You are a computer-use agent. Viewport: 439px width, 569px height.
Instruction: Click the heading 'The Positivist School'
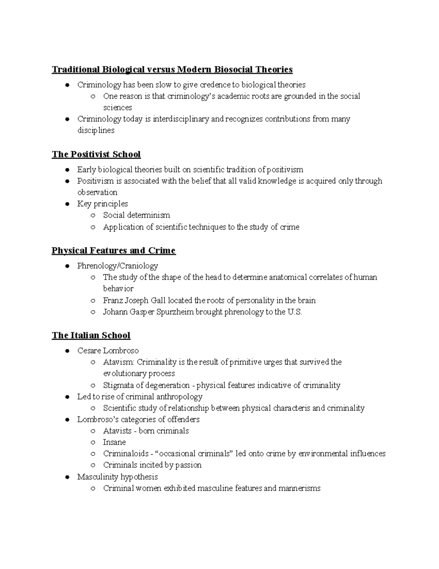(x=96, y=154)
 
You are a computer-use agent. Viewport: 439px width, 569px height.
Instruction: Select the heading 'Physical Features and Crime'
(x=113, y=251)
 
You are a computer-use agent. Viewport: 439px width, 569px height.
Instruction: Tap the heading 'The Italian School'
(x=91, y=335)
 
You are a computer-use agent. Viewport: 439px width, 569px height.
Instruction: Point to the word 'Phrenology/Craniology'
(x=117, y=266)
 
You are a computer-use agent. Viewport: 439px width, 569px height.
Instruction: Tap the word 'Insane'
(x=114, y=442)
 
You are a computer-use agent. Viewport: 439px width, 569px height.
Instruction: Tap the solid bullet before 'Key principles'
(x=67, y=204)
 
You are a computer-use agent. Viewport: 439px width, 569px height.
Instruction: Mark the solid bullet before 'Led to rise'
(x=67, y=397)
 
